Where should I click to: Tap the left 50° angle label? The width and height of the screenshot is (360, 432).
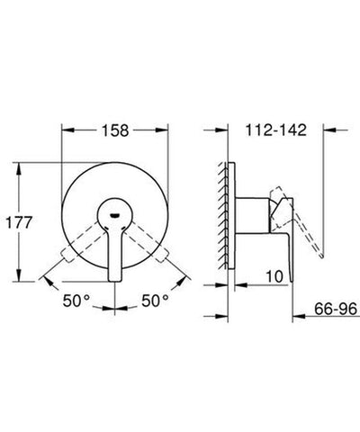[x=80, y=298]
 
